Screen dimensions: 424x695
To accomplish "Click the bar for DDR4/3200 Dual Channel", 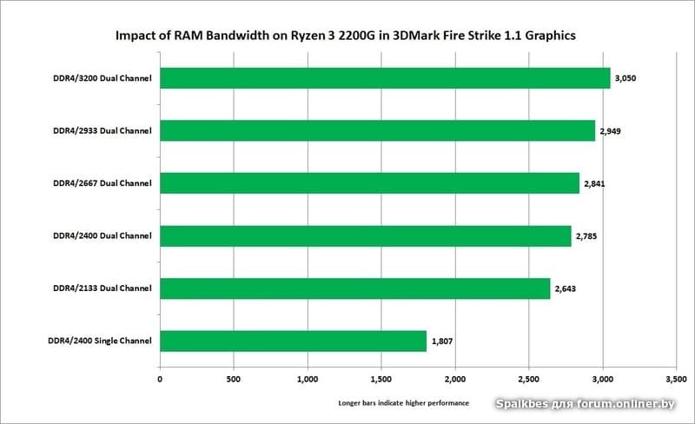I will [x=385, y=78].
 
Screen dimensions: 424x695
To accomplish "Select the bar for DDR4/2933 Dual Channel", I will [x=377, y=130].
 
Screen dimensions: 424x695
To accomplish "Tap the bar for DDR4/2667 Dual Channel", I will [x=369, y=183].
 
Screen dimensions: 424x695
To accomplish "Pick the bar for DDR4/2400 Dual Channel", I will [x=366, y=235].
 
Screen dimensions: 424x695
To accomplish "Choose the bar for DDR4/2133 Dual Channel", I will [x=355, y=288].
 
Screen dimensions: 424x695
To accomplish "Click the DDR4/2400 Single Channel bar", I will [x=294, y=341].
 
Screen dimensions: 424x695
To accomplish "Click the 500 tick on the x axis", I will [x=234, y=380].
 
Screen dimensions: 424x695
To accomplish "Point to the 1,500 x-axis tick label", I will [x=381, y=380].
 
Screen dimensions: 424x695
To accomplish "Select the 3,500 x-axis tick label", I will [x=676, y=380].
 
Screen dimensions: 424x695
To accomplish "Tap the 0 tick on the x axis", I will [x=160, y=380].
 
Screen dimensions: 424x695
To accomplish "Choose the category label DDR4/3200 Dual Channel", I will [x=103, y=78].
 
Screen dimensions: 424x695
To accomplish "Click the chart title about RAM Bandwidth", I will [x=346, y=36].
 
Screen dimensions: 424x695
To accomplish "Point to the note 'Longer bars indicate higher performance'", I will [x=403, y=404].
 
